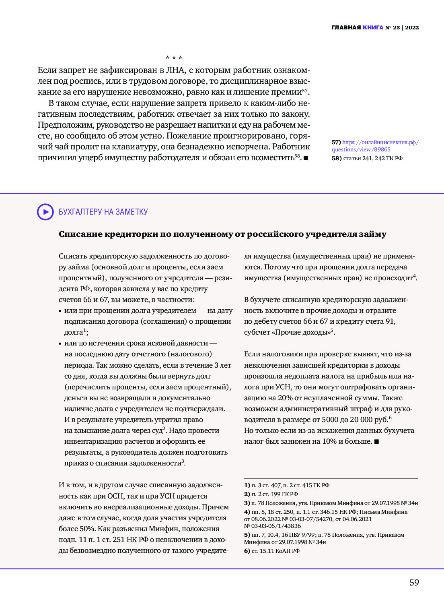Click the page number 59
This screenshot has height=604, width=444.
pyautogui.click(x=414, y=583)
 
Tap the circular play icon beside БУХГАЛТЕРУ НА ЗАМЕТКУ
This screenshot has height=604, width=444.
pyautogui.click(x=45, y=212)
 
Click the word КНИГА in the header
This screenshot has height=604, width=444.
pyautogui.click(x=373, y=28)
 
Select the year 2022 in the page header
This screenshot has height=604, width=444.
pyautogui.click(x=412, y=28)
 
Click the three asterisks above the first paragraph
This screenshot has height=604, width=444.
pyautogui.click(x=174, y=58)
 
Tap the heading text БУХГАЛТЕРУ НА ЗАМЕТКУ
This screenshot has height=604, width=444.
pyautogui.click(x=103, y=212)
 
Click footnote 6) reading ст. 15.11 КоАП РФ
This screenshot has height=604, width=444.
pyautogui.click(x=272, y=551)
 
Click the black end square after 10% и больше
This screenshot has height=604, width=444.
pyautogui.click(x=376, y=442)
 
